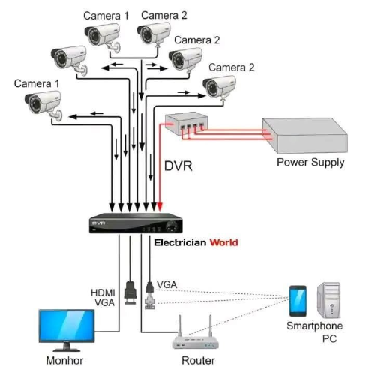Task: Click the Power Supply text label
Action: click(310, 163)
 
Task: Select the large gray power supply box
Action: click(305, 136)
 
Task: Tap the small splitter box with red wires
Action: click(186, 123)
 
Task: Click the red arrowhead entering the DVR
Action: click(160, 207)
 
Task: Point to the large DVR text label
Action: click(178, 166)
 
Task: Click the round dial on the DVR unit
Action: click(171, 226)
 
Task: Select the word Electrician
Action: click(180, 242)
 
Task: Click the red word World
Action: click(223, 242)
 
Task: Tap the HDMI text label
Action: click(103, 292)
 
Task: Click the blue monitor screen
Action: click(67, 325)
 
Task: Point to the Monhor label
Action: click(64, 360)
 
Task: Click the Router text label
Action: click(198, 360)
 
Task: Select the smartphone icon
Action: click(298, 301)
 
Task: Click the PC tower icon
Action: click(328, 300)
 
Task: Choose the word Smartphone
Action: click(314, 325)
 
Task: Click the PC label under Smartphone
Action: click(329, 338)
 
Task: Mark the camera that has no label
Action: click(69, 60)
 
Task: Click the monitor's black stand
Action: click(67, 346)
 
